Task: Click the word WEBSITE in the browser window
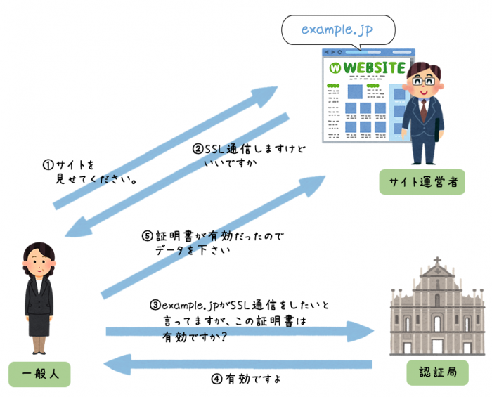tap(375, 68)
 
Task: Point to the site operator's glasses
tap(423, 79)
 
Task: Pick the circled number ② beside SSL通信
tap(198, 149)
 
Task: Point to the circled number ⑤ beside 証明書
tap(145, 236)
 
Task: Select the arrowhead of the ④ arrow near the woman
tap(112, 364)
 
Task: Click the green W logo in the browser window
tap(335, 69)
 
